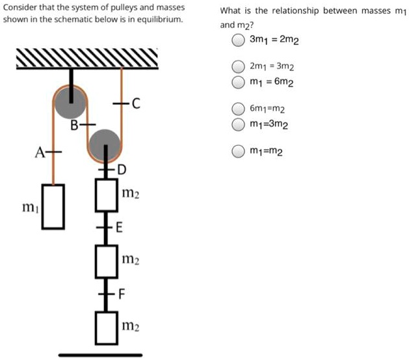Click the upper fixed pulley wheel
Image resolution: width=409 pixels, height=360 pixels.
tap(70, 103)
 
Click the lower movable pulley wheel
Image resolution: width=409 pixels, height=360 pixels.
tap(104, 144)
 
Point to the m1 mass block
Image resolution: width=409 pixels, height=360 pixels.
tap(53, 206)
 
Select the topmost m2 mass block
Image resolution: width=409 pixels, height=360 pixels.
tap(106, 194)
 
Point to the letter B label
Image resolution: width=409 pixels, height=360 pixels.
tap(74, 124)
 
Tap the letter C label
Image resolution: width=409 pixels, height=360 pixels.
tap(135, 103)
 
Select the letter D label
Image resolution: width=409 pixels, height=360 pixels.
tap(122, 170)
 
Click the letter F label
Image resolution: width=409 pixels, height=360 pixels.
tap(120, 294)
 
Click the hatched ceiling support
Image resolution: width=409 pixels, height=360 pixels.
tap(87, 59)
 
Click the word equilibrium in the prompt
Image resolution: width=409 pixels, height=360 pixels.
tap(160, 20)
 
